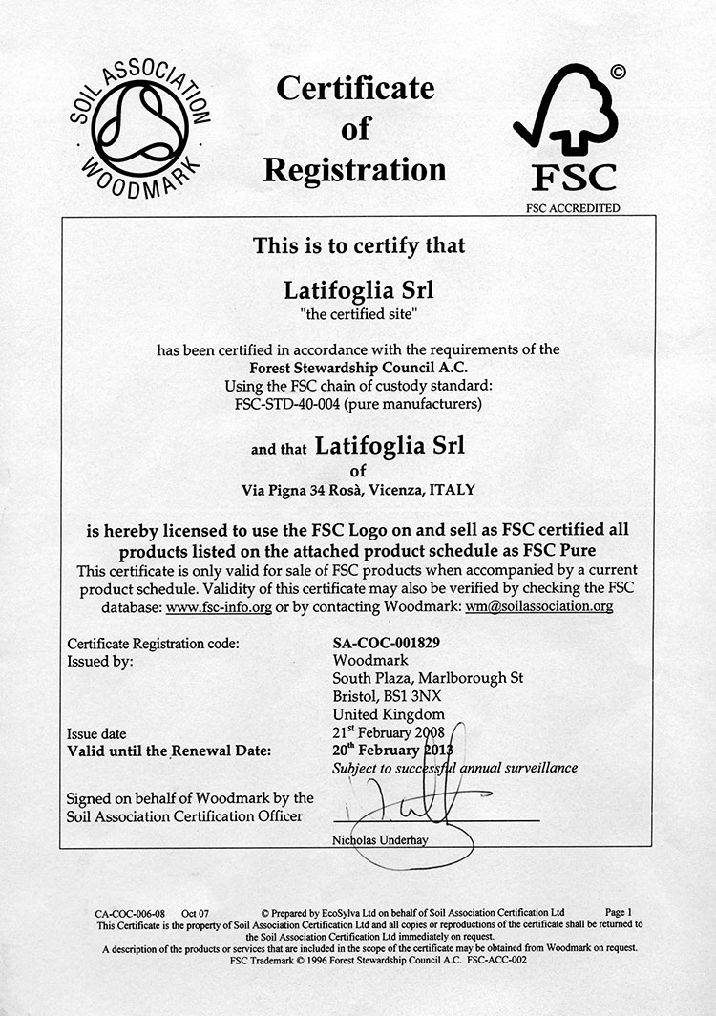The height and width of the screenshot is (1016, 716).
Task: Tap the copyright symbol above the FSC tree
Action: tap(618, 70)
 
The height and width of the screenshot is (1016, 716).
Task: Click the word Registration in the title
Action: tap(354, 170)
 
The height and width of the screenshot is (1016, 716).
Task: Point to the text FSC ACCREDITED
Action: tap(572, 207)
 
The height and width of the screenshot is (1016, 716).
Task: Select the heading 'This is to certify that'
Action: tap(359, 245)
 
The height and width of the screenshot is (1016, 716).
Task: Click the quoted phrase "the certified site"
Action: tap(359, 311)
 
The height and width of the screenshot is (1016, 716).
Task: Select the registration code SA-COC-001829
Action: tap(387, 643)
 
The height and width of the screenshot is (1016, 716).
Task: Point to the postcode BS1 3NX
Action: tap(411, 695)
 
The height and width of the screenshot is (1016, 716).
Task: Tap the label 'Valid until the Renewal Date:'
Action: tap(169, 751)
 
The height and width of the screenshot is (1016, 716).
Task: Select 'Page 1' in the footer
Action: tap(618, 912)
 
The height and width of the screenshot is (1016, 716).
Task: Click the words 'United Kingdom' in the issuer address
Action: tap(389, 713)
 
